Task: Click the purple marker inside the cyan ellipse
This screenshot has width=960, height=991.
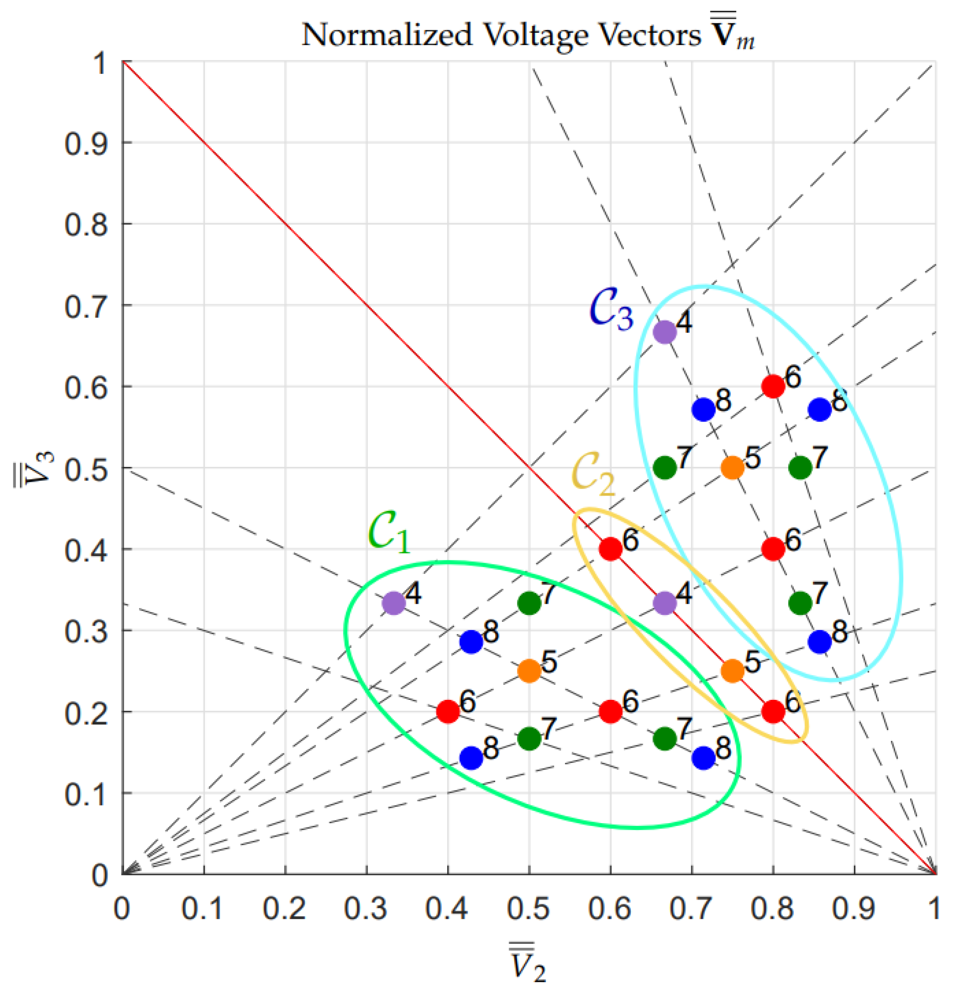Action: pos(665,332)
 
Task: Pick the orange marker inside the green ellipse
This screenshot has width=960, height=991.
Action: pos(529,671)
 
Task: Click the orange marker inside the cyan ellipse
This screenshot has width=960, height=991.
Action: pos(732,468)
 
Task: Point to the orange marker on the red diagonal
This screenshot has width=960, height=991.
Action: pos(732,671)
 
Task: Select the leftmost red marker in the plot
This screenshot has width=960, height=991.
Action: pos(448,711)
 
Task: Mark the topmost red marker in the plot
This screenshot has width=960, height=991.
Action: pos(773,386)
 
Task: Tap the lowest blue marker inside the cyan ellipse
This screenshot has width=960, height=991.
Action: pos(819,642)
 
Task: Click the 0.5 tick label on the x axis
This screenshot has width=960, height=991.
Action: pos(528,908)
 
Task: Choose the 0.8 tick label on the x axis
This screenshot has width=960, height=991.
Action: pos(772,908)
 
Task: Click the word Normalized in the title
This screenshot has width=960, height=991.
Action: pos(386,35)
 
